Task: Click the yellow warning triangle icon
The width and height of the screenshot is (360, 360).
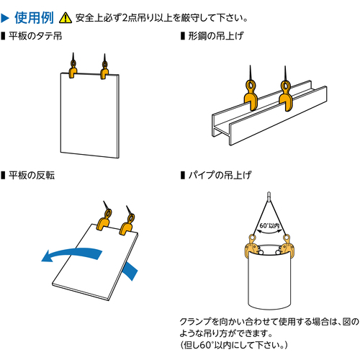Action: pos(66,18)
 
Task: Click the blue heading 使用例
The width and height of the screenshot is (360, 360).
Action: pos(34,17)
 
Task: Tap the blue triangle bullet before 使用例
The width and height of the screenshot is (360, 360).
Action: pos(5,18)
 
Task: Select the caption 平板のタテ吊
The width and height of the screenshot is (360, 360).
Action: pos(35,36)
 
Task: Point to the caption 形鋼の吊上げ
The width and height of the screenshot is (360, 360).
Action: pos(216,36)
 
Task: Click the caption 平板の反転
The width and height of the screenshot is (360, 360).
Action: pos(32,175)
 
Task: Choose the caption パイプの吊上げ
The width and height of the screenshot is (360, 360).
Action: pos(220,175)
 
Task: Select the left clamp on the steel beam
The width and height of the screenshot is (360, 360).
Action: pos(251,95)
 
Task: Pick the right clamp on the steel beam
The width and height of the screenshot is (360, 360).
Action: pos(286,96)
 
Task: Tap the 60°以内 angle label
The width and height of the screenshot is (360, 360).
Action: pos(269,226)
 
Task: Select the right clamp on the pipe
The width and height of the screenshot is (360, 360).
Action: pos(286,246)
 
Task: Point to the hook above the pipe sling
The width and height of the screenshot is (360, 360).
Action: pos(269,197)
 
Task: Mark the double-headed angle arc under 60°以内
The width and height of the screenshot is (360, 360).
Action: pos(269,232)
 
